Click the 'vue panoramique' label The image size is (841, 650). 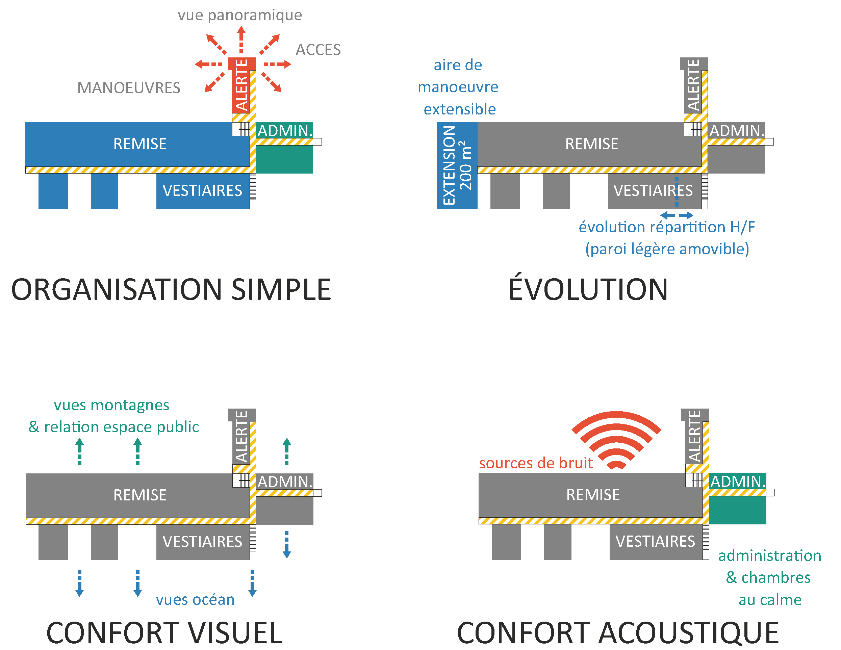[239, 16]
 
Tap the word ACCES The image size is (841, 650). [318, 50]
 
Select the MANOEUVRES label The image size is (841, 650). [129, 88]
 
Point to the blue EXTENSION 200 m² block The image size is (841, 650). [457, 165]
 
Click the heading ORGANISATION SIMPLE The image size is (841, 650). [171, 290]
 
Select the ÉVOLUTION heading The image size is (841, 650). [588, 290]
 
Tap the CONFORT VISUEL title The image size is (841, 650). [164, 633]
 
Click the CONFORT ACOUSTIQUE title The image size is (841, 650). [618, 633]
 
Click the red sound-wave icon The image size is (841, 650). [616, 439]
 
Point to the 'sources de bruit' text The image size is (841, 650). [536, 463]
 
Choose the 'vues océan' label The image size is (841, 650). [195, 600]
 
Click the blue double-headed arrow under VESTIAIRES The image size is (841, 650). [677, 215]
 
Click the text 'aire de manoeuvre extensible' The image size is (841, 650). [458, 87]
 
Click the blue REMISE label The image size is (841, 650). [140, 144]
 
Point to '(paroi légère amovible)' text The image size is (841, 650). [667, 249]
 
